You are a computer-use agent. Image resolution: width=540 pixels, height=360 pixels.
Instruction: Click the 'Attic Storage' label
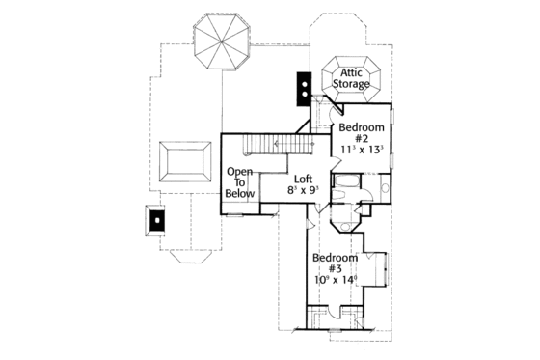coord(351,78)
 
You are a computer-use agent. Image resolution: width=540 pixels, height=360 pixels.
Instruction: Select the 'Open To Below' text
coord(241,182)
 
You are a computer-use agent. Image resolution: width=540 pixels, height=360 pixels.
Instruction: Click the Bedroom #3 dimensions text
coord(335,280)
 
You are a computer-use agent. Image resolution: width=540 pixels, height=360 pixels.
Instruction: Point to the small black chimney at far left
coord(155,221)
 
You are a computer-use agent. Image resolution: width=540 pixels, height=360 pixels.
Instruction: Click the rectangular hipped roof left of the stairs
coord(186,165)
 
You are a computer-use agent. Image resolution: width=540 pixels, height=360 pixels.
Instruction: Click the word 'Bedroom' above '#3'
coord(335,258)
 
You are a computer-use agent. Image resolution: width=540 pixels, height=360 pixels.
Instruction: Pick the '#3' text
coord(335,269)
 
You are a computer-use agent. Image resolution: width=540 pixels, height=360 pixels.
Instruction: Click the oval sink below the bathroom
coord(345,228)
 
